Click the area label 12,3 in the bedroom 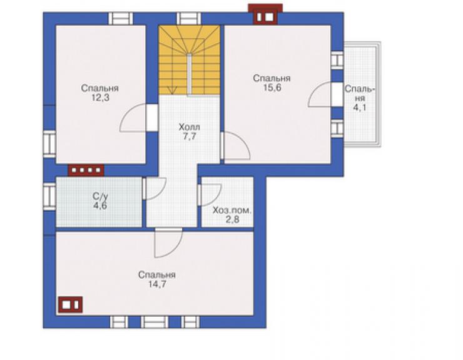[100, 98]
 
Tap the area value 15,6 [272, 88]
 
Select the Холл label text [190, 127]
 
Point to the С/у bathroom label [100, 196]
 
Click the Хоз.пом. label [232, 211]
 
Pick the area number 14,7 [157, 284]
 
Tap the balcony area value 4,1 [360, 107]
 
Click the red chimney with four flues [86, 170]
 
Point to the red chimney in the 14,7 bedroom [70, 304]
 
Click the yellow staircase [190, 60]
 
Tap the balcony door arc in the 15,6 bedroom [317, 95]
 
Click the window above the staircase [189, 18]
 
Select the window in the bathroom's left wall [49, 197]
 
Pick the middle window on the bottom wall [154, 322]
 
